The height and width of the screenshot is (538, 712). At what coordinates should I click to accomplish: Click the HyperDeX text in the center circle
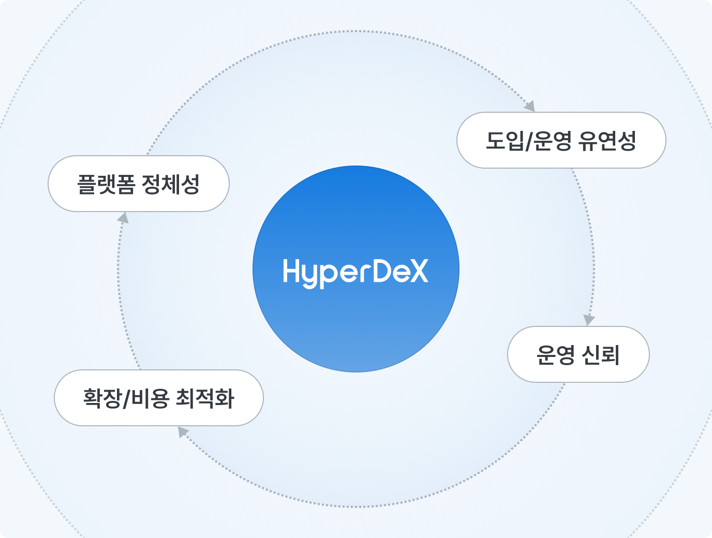click(355, 271)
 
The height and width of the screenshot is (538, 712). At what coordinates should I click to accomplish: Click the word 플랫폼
click(106, 184)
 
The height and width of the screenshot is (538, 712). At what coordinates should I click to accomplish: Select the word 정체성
click(170, 184)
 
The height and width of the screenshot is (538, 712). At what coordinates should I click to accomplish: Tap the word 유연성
click(606, 141)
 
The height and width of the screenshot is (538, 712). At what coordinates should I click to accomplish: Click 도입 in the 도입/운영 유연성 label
click(505, 141)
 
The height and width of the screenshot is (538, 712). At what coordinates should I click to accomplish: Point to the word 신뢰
click(600, 355)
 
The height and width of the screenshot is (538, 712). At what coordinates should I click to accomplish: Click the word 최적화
click(205, 398)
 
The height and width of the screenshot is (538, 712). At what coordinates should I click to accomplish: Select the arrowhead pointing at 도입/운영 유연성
click(529, 106)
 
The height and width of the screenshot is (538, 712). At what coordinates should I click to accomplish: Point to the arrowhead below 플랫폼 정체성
click(123, 218)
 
